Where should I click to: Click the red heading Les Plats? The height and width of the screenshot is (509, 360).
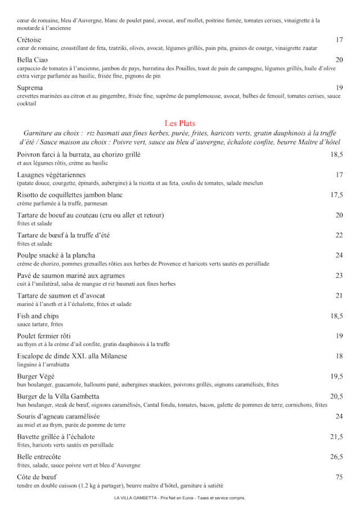[x=180, y=123]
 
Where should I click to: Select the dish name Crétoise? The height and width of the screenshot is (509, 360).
[x=29, y=40]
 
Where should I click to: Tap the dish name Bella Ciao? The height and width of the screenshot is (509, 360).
[x=33, y=60]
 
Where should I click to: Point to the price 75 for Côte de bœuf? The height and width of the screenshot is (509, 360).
[x=339, y=477]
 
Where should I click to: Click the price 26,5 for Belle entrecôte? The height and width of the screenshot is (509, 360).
[x=336, y=457]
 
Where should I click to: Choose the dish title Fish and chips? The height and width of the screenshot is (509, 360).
[x=38, y=316]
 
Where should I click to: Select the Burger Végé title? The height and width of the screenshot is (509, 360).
[x=35, y=376]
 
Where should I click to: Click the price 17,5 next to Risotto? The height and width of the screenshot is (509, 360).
[x=336, y=195]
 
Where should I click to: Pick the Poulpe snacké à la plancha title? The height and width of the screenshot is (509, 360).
[x=56, y=255]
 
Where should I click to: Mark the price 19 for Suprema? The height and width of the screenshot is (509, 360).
[x=339, y=88]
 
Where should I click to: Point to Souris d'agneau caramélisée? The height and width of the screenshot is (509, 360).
[x=58, y=417]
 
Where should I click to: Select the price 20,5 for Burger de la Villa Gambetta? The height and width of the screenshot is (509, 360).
[x=336, y=397]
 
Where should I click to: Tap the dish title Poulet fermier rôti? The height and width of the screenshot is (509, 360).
[x=44, y=336]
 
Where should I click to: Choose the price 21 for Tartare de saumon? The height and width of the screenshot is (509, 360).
[x=339, y=296]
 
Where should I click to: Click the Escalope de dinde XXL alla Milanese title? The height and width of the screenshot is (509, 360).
[x=72, y=356]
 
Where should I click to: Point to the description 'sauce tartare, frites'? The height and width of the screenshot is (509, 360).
[x=40, y=325]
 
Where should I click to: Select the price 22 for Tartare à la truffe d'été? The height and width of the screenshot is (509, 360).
[x=339, y=235]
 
